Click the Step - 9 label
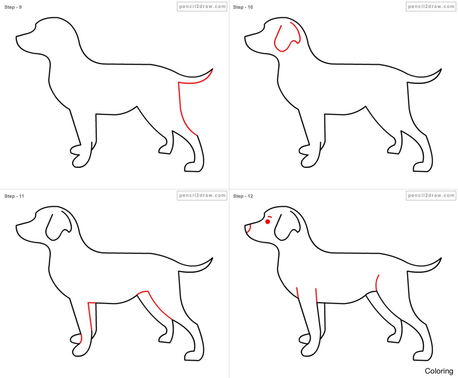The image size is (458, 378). [13, 7]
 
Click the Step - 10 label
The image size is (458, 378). [243, 7]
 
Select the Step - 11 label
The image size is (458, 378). [14, 196]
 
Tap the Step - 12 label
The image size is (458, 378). [243, 196]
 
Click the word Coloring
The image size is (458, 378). [439, 371]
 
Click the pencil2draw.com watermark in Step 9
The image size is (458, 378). [202, 7]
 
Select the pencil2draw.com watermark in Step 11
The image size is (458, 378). [202, 195]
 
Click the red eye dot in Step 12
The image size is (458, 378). [267, 221]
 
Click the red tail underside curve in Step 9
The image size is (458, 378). [197, 81]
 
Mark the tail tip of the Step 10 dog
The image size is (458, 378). [441, 70]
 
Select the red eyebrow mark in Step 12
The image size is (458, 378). [269, 217]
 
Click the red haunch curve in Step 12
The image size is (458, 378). [377, 283]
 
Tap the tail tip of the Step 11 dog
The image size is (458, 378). [212, 259]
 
